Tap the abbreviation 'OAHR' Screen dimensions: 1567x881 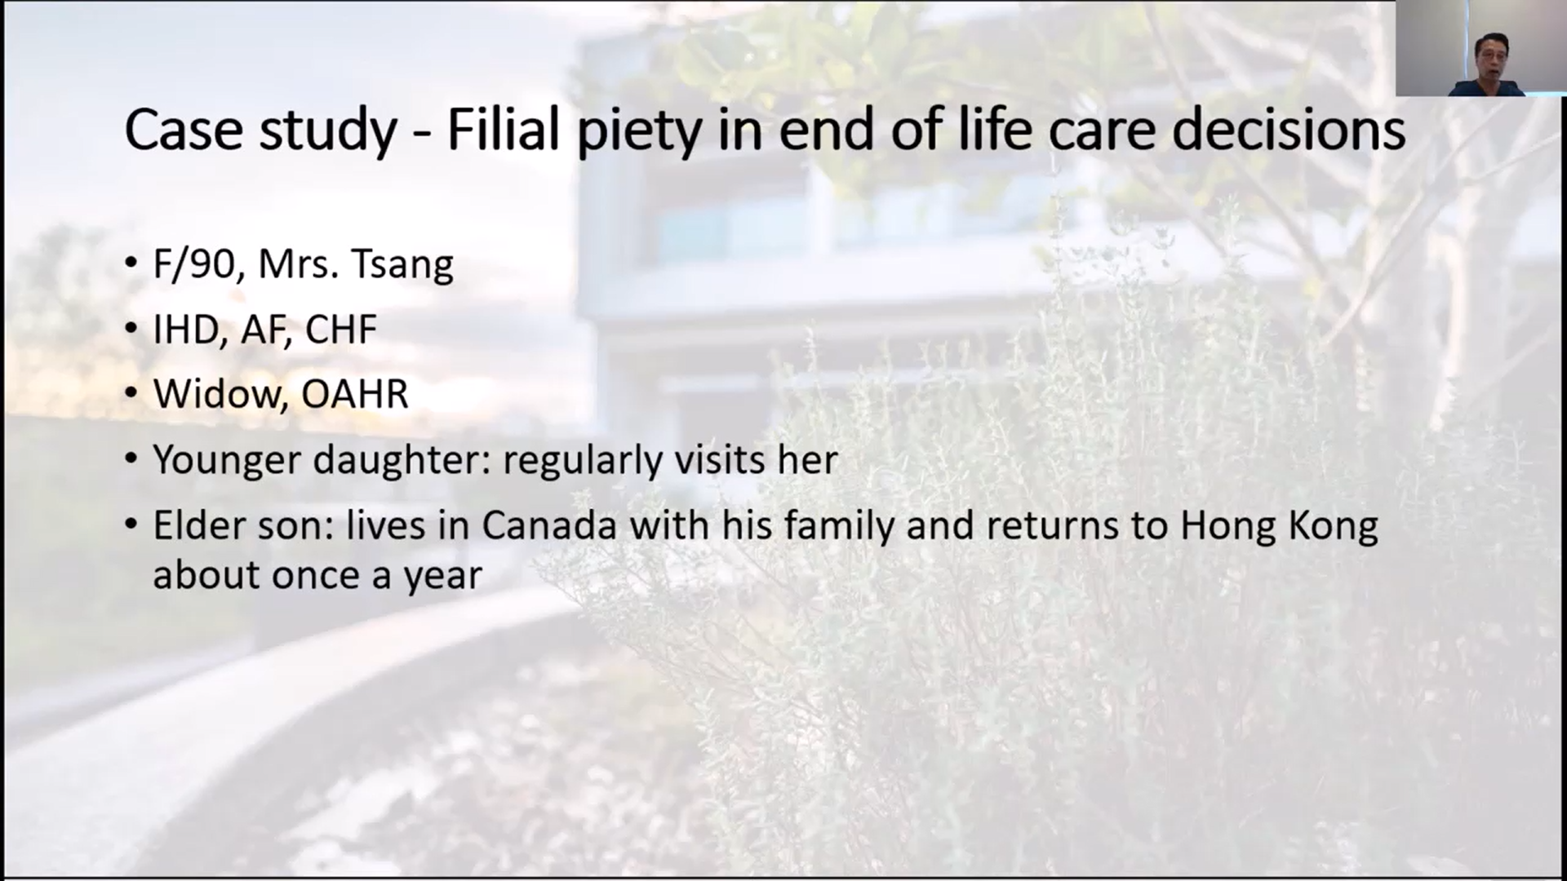click(355, 394)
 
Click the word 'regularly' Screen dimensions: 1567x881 click(582, 461)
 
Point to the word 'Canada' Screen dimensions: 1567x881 click(548, 525)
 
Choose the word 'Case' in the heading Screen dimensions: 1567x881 click(184, 130)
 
